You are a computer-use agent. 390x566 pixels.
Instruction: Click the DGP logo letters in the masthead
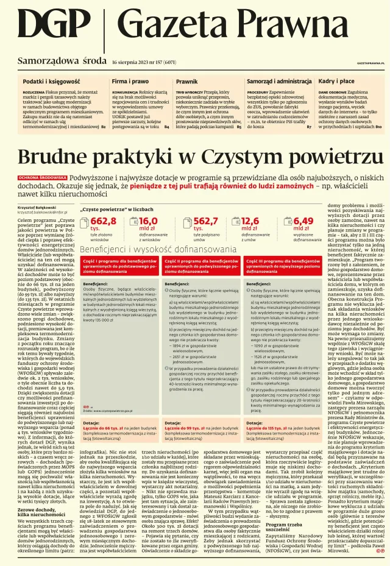55,27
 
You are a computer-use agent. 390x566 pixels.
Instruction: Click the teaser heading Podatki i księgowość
52,81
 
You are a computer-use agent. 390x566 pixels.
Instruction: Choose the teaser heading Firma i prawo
130,81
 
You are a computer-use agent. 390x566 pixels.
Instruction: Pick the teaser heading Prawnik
186,81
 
